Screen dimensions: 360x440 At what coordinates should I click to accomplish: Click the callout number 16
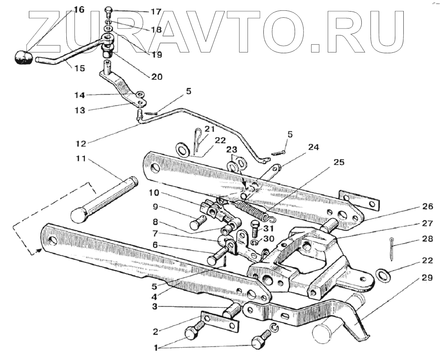coord(78,10)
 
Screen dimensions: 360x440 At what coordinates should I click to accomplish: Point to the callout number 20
coord(157,77)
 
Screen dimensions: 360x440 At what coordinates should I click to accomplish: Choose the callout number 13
coord(81,110)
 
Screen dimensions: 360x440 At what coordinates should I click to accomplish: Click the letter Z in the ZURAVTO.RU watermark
coord(46,31)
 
